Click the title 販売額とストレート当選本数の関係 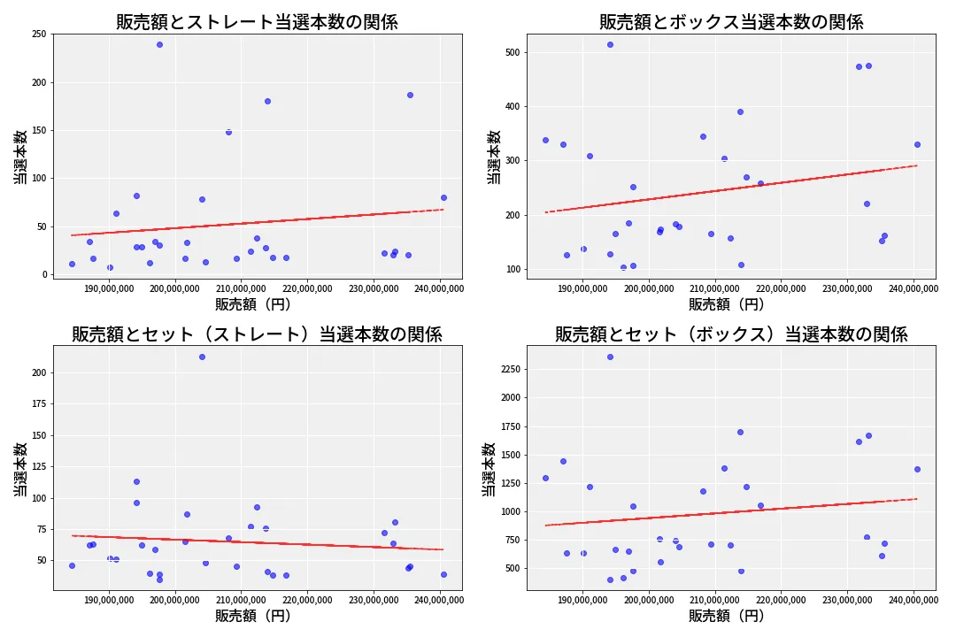click(257, 22)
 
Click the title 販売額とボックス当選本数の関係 click(731, 22)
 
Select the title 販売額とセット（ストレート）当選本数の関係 click(257, 334)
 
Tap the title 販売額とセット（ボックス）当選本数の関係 click(731, 334)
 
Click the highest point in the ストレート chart click(159, 44)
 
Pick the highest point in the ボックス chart click(610, 44)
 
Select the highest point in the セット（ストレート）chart click(202, 357)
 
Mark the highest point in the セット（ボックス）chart click(610, 357)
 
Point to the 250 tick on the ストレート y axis click(39, 35)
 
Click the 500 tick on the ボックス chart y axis click(512, 52)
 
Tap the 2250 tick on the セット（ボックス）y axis click(508, 369)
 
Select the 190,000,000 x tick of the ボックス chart click(582, 288)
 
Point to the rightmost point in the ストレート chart click(443, 197)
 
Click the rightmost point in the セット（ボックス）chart click(917, 469)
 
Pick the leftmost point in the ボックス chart click(545, 140)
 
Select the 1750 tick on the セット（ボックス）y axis click(508, 426)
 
